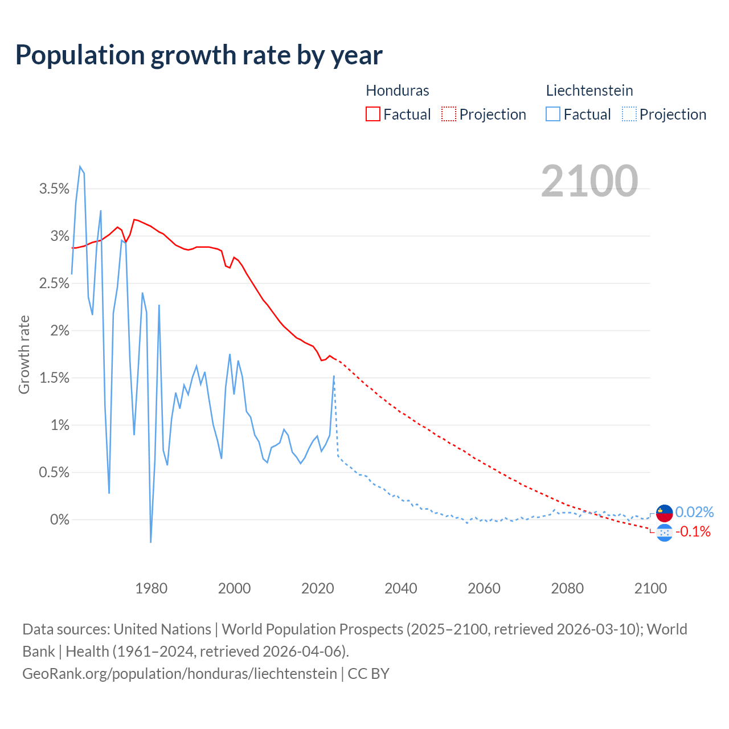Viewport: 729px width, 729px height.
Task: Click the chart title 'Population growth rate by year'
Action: point(199,55)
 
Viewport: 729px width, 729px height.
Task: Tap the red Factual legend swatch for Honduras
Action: point(372,114)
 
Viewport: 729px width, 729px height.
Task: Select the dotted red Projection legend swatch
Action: point(449,114)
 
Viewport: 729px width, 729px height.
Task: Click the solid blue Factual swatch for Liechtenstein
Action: point(552,114)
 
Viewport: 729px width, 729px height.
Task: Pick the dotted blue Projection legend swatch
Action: point(629,114)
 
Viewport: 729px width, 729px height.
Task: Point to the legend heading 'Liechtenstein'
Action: point(589,91)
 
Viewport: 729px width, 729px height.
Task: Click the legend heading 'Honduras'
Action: point(397,91)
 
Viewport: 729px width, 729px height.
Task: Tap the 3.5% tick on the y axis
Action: point(54,189)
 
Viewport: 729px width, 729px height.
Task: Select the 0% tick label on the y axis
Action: point(60,520)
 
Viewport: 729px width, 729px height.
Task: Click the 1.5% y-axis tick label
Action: point(54,378)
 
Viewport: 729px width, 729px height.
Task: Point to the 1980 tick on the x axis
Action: point(151,588)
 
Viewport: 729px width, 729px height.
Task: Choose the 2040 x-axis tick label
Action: point(401,588)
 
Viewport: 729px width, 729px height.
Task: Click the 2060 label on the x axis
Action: point(484,588)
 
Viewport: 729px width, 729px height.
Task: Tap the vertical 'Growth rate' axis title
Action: point(24,354)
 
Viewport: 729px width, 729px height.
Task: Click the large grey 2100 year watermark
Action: point(589,181)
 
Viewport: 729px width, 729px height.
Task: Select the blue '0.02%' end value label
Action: point(694,511)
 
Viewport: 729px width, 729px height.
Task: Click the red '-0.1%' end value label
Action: point(693,532)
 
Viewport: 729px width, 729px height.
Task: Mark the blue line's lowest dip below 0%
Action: point(151,542)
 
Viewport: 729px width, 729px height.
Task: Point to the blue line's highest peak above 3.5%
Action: point(80,167)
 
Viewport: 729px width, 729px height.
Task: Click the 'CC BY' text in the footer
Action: point(368,674)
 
